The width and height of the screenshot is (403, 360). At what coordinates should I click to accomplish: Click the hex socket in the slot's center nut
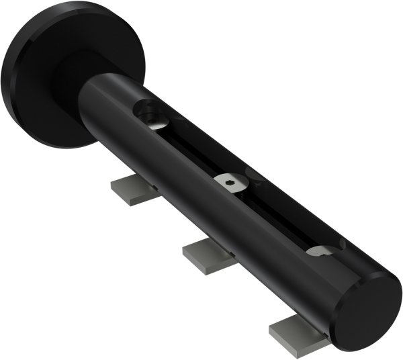tap(230, 181)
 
